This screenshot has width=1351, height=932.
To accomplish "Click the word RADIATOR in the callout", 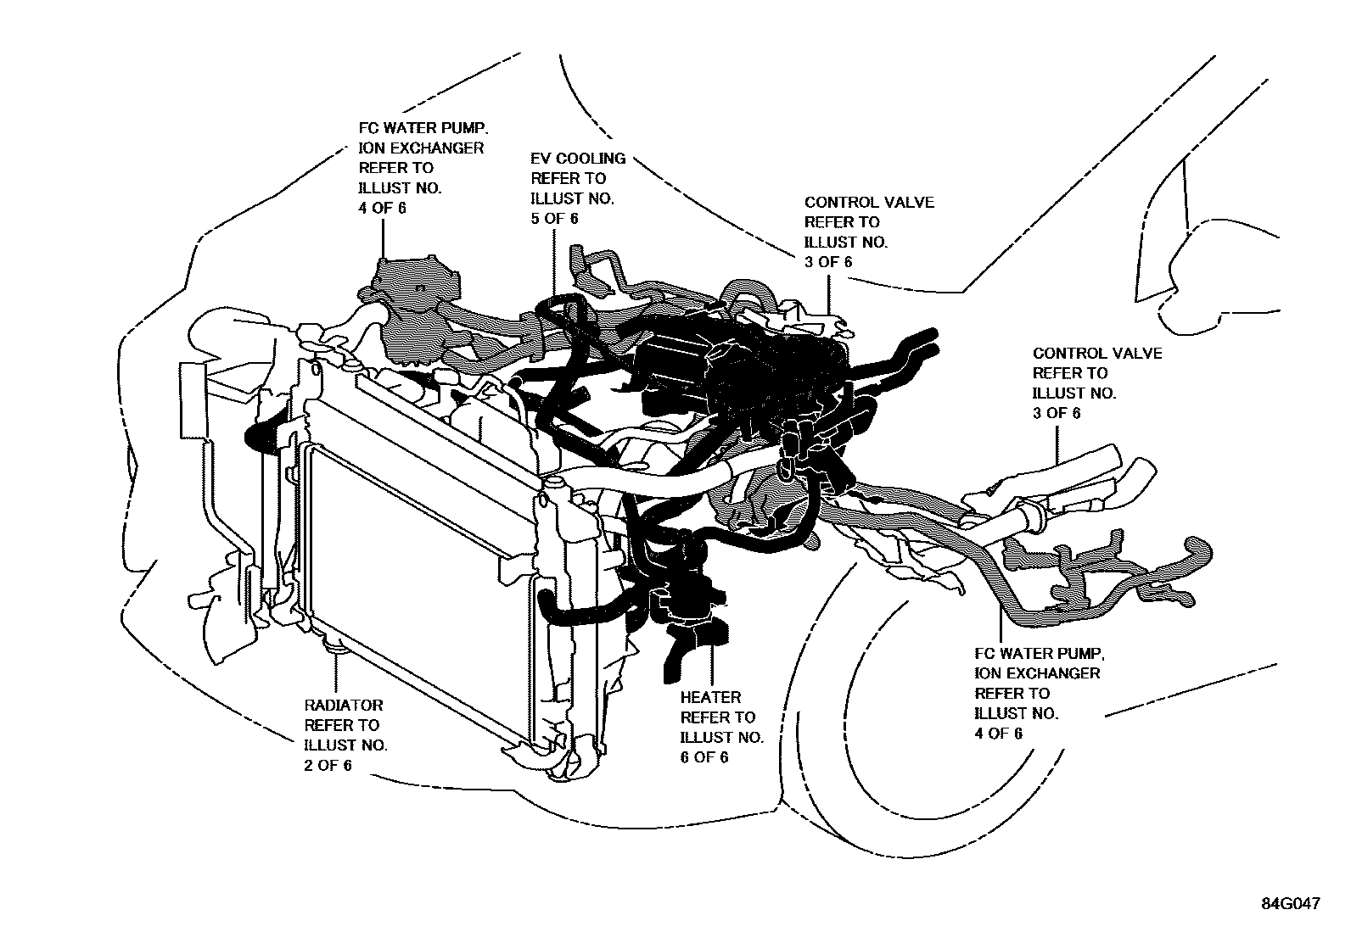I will point(343,705).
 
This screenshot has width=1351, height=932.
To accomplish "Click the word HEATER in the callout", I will point(710,697).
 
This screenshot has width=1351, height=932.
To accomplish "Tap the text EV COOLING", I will point(578,159).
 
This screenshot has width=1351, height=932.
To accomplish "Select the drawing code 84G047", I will point(1290,904).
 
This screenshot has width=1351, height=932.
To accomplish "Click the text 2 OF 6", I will point(328,765).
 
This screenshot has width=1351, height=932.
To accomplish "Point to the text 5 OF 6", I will point(554,219).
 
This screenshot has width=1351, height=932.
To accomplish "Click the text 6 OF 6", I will point(704,757).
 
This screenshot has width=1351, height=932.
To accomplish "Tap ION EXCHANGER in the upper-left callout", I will point(421,148).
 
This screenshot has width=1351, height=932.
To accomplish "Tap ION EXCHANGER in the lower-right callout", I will point(1037,673).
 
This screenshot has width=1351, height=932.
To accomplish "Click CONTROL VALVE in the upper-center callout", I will point(868,202).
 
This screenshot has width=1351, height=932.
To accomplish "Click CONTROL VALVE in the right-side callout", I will point(1096,353).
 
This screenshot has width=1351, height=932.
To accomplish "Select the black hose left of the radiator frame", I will point(259,438).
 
